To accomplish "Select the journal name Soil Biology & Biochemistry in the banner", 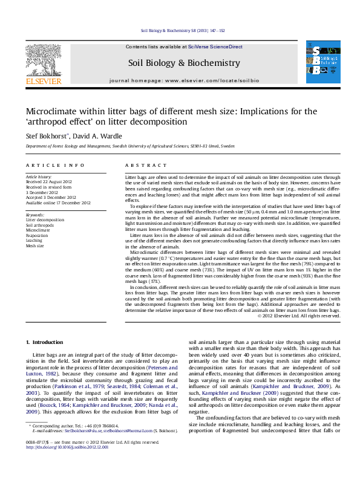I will point(184,63).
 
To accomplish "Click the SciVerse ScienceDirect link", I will point(215,47).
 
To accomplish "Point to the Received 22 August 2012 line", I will point(49,181).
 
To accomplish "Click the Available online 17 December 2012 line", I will point(58,203).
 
